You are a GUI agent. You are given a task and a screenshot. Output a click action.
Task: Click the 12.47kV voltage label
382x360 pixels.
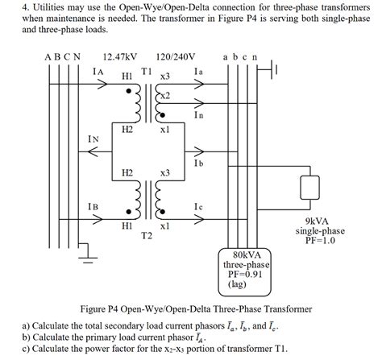(119, 57)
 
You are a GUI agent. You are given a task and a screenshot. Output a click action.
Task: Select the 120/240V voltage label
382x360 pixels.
(177, 57)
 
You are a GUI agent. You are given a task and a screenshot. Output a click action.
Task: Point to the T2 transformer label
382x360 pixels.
(147, 236)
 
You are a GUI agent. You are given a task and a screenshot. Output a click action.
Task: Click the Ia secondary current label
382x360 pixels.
(199, 72)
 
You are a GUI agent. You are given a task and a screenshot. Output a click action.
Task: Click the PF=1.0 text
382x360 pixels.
(321, 240)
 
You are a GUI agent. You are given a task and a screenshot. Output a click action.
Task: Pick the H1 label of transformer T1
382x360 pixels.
(127, 76)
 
